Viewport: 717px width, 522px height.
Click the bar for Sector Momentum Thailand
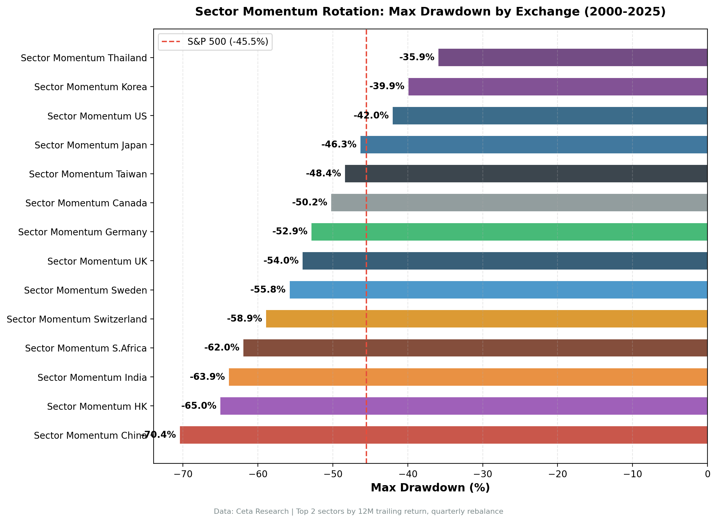(x=572, y=58)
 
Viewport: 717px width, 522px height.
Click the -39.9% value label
(x=386, y=87)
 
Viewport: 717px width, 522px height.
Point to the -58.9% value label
(x=244, y=319)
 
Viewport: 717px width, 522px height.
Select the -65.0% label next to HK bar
(x=199, y=406)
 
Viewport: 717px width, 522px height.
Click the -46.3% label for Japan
(x=339, y=144)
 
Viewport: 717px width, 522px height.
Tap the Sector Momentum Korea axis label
(x=90, y=87)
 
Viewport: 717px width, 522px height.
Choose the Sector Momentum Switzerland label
(x=77, y=319)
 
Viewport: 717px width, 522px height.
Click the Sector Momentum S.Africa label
(x=86, y=348)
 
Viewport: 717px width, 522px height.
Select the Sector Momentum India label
(x=92, y=378)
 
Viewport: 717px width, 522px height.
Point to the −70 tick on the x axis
(x=183, y=474)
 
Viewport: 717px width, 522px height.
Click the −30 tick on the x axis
(x=482, y=474)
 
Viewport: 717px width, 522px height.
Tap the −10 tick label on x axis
(x=632, y=474)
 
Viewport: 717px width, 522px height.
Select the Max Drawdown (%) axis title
(x=430, y=488)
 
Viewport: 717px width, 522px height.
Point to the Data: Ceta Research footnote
(x=358, y=511)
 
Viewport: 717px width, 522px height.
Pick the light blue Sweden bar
(x=498, y=290)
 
